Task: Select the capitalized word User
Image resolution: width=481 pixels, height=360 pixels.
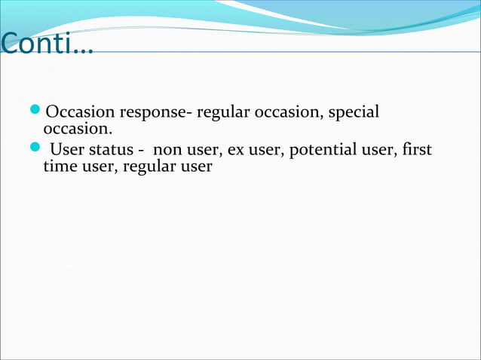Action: pos(65,150)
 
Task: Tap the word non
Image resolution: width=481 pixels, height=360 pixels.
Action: pos(165,150)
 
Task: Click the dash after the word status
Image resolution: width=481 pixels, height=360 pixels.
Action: pos(141,150)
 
